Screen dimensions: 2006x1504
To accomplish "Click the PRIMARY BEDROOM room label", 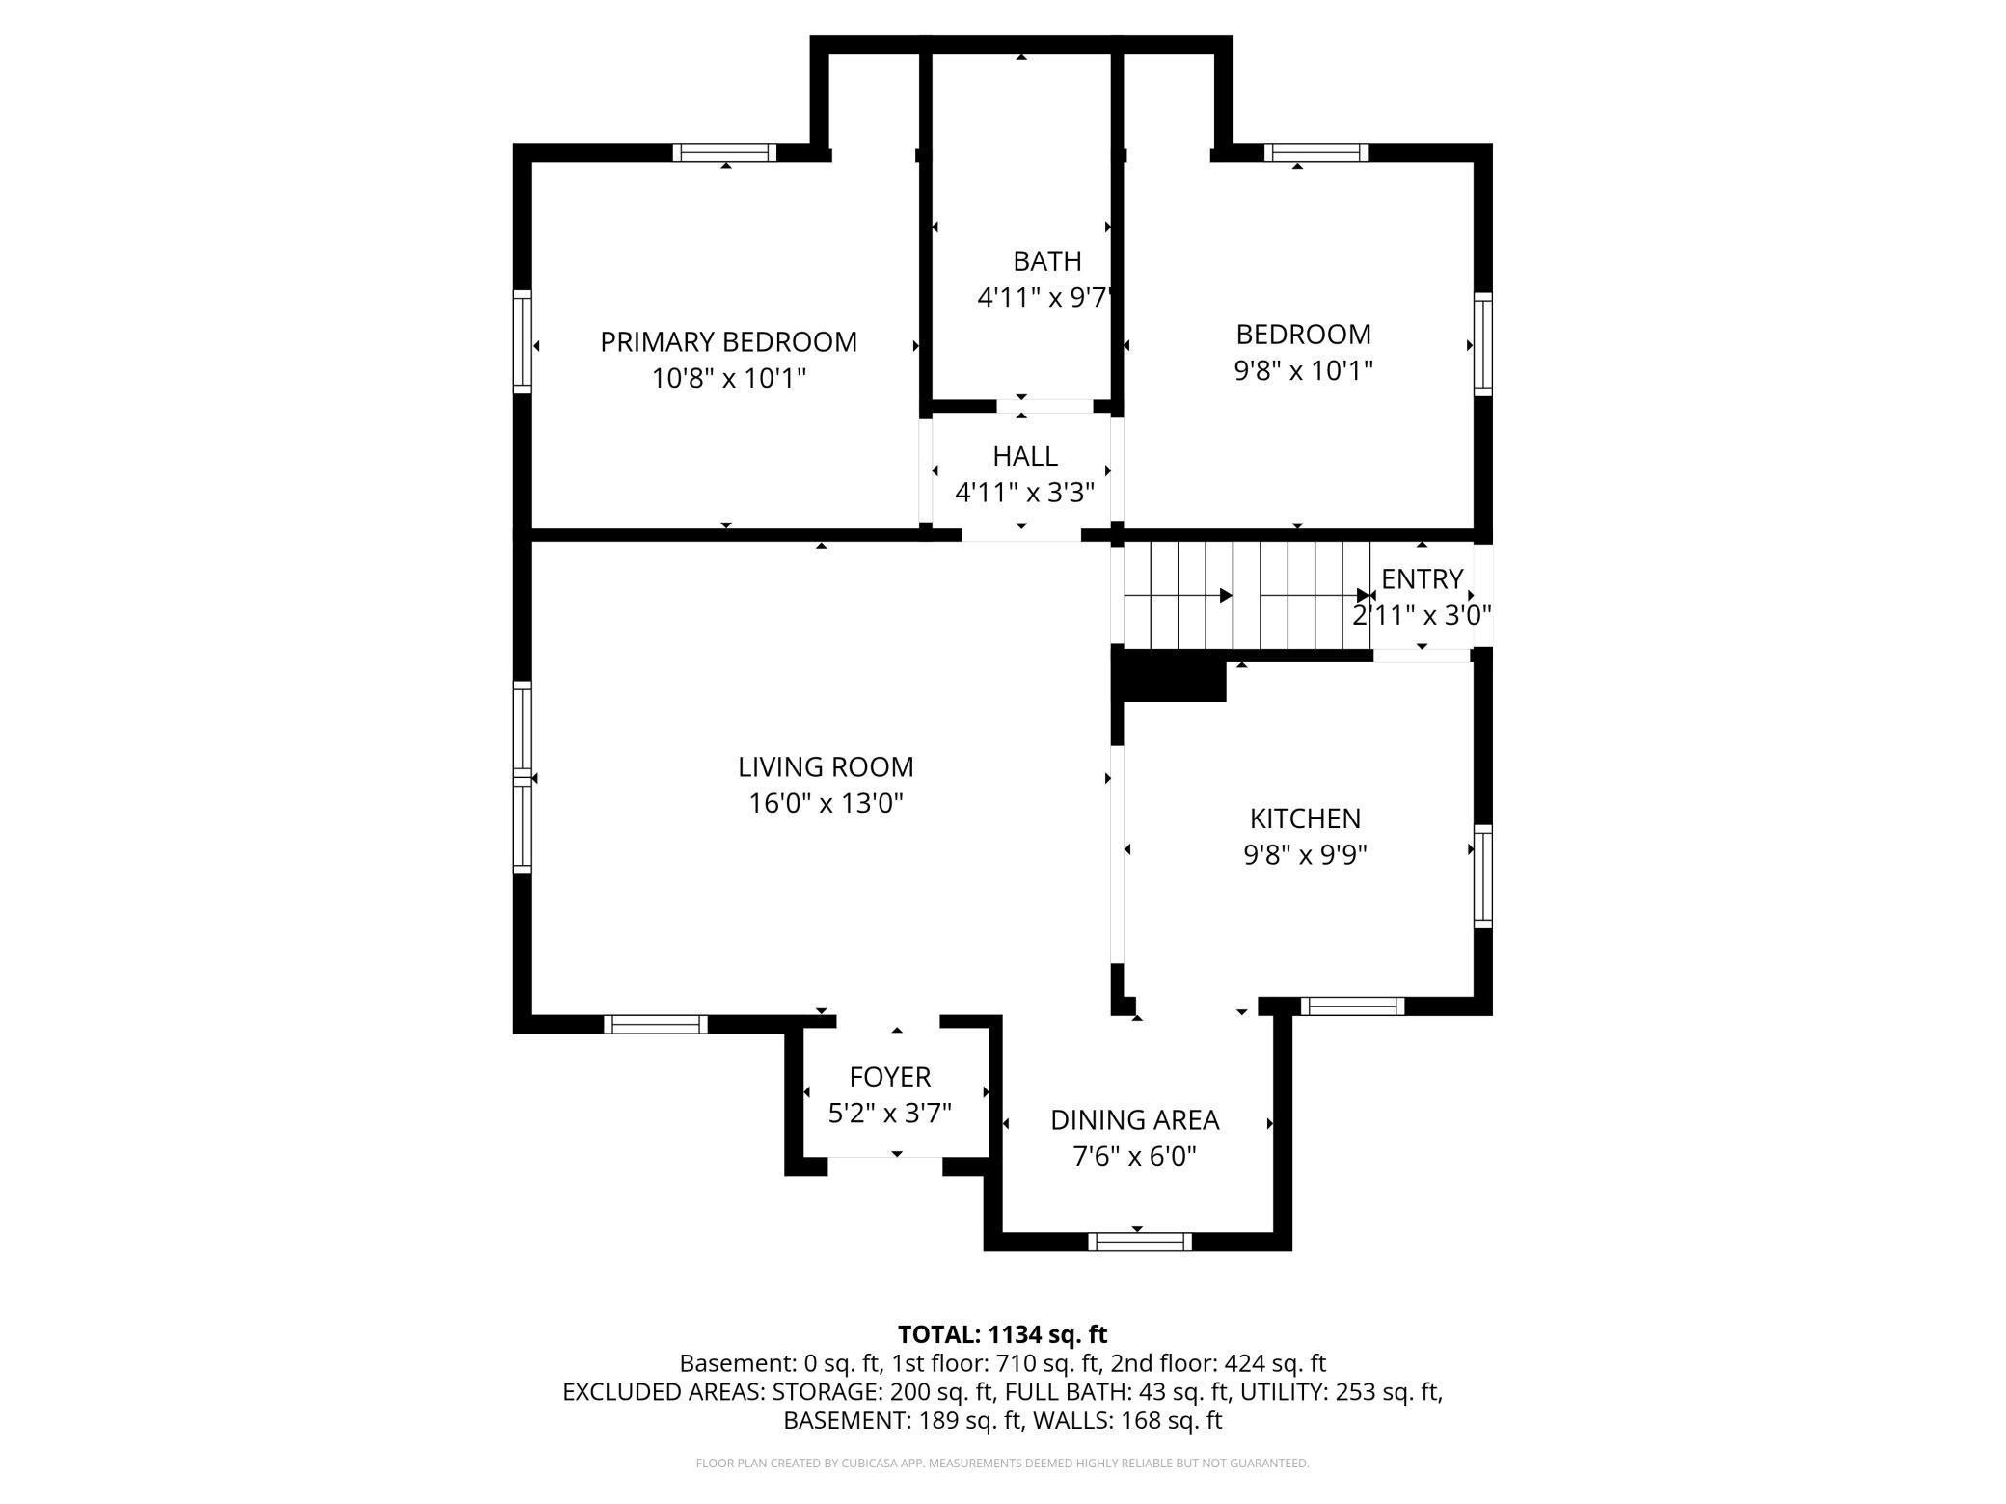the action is (x=728, y=342).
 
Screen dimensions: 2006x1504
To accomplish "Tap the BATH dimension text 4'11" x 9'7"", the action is (x=1045, y=297).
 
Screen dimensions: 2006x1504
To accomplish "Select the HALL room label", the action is (x=1025, y=456).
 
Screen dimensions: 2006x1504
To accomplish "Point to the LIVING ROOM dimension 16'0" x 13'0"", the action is (x=826, y=803).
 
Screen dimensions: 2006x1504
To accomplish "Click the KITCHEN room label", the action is (x=1305, y=819).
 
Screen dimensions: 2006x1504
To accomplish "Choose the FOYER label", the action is (x=890, y=1077).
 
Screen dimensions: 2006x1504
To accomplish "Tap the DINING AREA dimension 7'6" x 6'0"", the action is (x=1134, y=1156).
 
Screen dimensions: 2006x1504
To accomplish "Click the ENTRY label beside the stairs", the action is (x=1423, y=579).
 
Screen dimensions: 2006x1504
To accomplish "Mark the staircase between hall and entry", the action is (x=1247, y=595).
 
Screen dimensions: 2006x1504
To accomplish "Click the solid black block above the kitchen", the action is (x=1170, y=674).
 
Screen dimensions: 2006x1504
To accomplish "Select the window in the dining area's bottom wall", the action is (x=1140, y=1242).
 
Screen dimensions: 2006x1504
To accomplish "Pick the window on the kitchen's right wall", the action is (x=1483, y=876).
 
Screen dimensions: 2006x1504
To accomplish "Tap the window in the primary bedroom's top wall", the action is (x=724, y=152).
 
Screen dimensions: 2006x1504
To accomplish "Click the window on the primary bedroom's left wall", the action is (x=522, y=341).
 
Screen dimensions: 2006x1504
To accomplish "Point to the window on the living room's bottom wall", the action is (x=656, y=1024).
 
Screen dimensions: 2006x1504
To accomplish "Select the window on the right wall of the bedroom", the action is (x=1483, y=344).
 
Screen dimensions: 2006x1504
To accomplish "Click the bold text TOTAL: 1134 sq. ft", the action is (x=1002, y=1334).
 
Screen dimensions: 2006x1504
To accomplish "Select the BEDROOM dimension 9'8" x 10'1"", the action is (x=1304, y=370).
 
